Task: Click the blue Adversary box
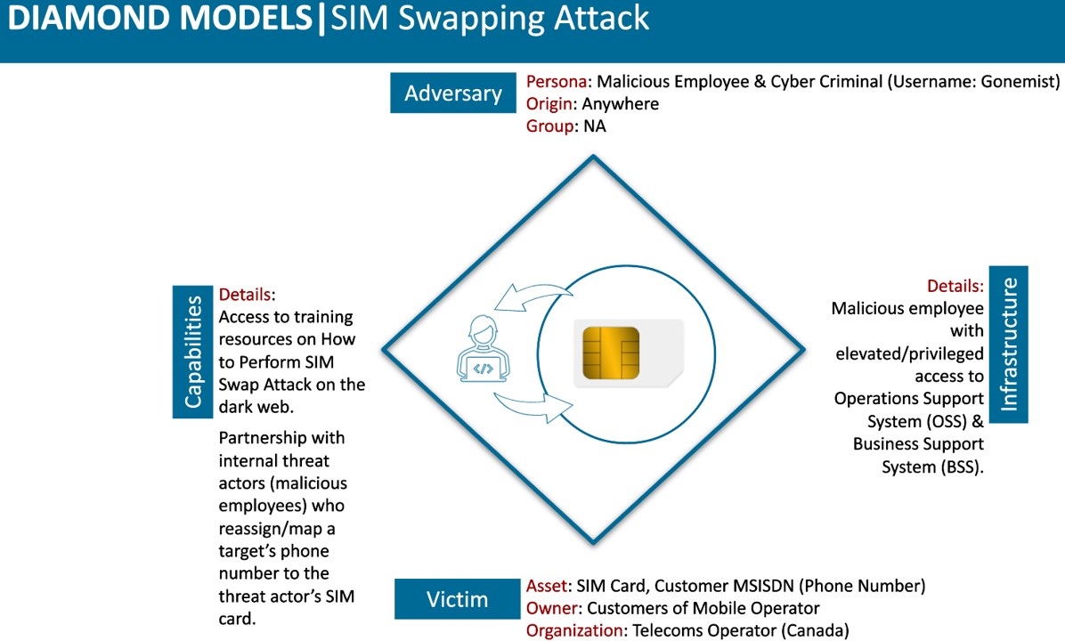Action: click(x=453, y=93)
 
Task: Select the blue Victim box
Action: click(x=457, y=599)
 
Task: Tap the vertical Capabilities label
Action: click(x=193, y=352)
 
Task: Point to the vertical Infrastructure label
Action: click(x=1009, y=345)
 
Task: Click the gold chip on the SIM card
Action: click(x=611, y=353)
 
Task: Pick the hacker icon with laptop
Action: click(x=483, y=348)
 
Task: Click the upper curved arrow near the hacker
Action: click(x=533, y=296)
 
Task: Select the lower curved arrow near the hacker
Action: click(x=533, y=407)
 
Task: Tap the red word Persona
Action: click(x=557, y=82)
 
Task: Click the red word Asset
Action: click(x=547, y=585)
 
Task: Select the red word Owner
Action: click(x=551, y=608)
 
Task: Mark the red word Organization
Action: click(x=574, y=630)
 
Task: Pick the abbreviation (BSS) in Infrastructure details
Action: click(x=959, y=467)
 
